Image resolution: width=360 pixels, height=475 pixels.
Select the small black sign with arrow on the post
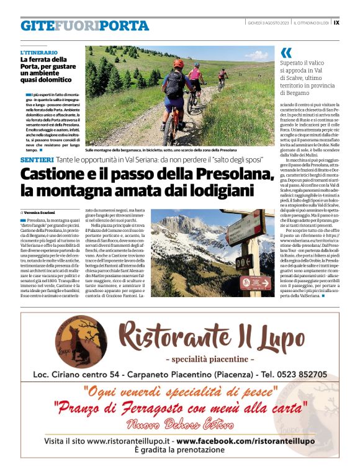pyautogui.click(x=242, y=262)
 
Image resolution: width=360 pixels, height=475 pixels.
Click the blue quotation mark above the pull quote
pyautogui.click(x=286, y=53)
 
